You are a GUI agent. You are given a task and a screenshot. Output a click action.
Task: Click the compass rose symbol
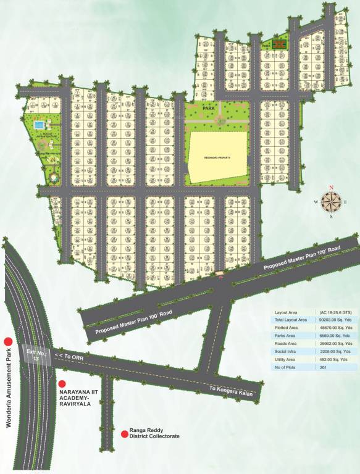coord(331,201)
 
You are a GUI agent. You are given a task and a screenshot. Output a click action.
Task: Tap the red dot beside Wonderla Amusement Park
coord(9,341)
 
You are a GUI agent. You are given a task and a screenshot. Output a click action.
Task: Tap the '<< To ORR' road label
coord(69,357)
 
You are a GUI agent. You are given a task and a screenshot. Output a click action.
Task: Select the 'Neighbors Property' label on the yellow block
coord(217,157)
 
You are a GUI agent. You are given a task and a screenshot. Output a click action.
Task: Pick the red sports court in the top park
coord(280,44)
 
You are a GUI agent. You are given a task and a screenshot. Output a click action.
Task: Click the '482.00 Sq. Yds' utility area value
coord(334,359)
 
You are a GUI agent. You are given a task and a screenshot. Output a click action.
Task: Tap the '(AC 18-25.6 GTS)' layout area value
coord(336,313)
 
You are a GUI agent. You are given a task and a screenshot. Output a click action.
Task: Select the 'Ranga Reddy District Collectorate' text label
coord(154,433)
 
